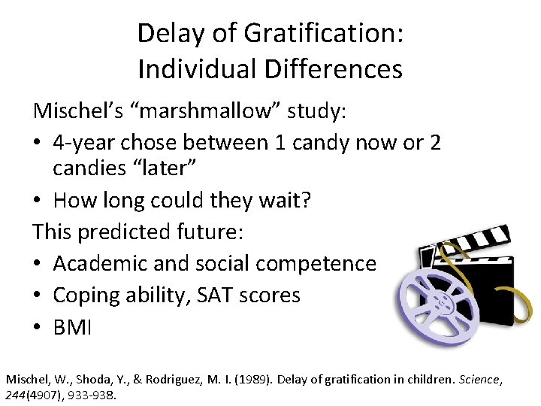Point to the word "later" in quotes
point(168,168)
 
